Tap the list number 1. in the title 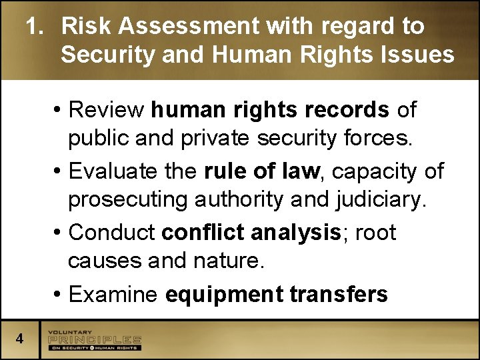coord(36,27)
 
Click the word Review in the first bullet coord(106,110)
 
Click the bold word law coord(301,171)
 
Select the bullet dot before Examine coord(59,295)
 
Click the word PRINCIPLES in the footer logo coord(95,340)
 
